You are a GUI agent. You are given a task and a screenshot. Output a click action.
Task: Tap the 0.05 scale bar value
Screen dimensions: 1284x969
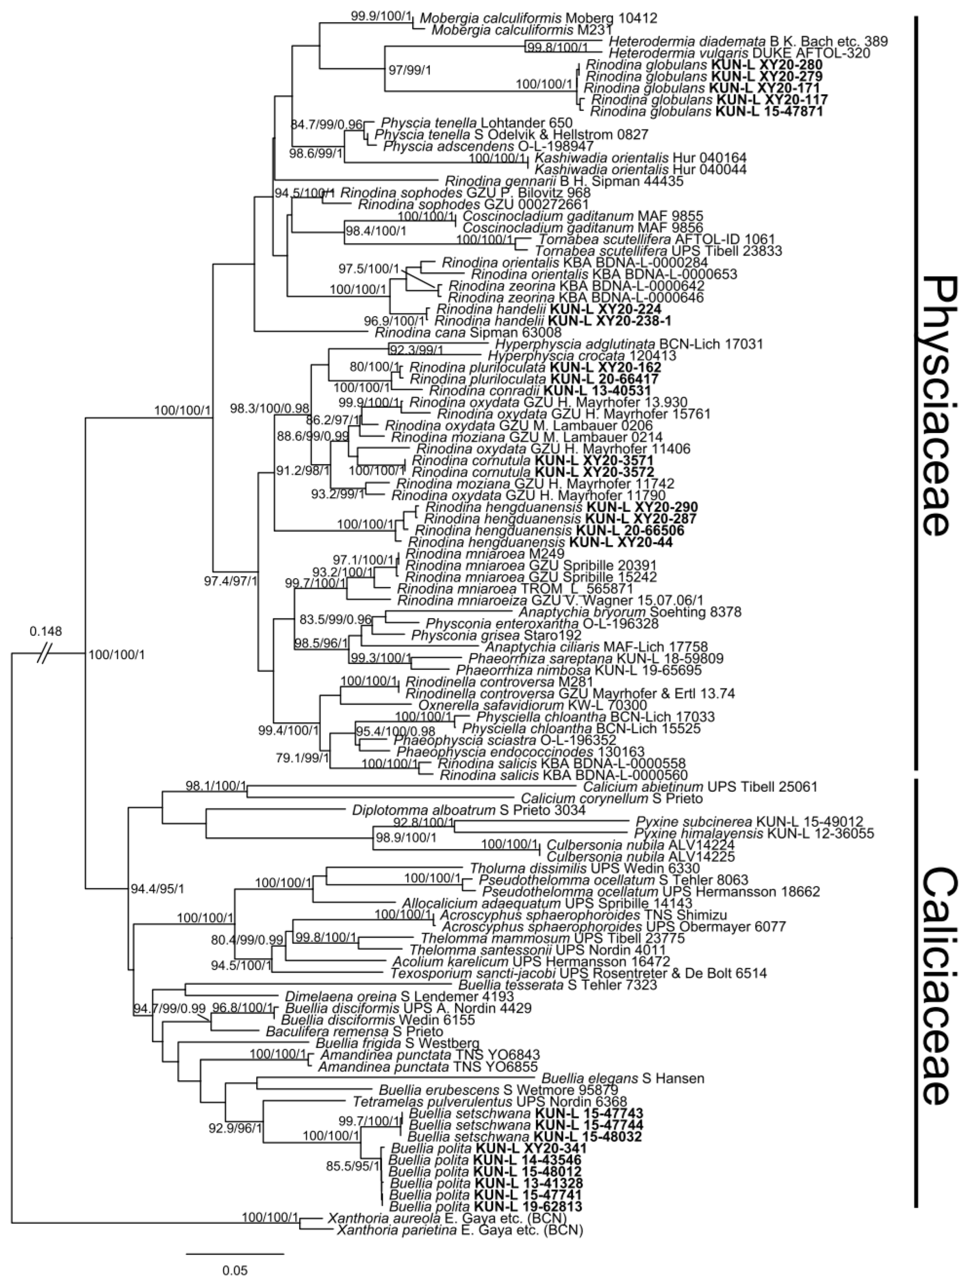(x=235, y=1270)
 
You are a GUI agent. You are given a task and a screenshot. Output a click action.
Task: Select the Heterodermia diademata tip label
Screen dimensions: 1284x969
(x=748, y=41)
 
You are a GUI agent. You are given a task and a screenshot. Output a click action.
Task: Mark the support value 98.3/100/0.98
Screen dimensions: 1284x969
(x=270, y=408)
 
